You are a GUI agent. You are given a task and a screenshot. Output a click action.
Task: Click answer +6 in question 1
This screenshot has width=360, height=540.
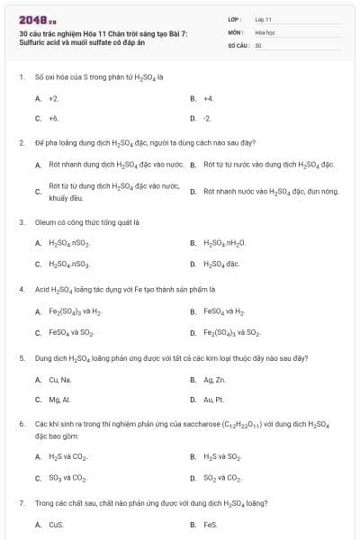(53, 118)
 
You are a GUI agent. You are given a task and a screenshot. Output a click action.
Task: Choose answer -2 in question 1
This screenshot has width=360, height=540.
(207, 118)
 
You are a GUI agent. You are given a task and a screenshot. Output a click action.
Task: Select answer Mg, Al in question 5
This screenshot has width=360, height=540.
(58, 400)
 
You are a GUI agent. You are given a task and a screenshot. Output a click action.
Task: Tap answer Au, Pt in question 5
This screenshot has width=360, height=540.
(212, 400)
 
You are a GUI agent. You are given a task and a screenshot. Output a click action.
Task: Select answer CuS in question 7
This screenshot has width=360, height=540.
(56, 524)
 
